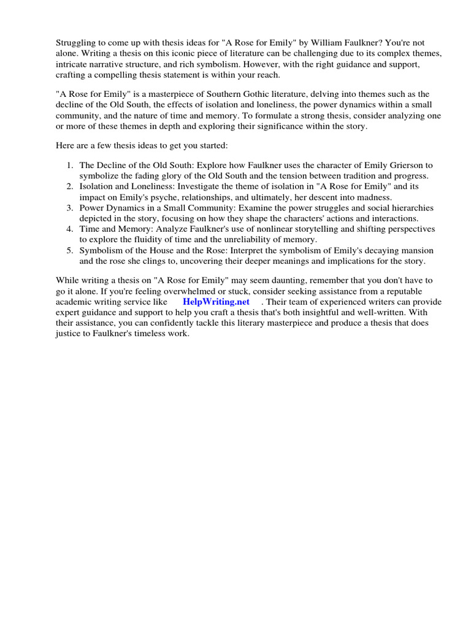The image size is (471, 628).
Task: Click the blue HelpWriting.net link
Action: pyautogui.click(x=216, y=302)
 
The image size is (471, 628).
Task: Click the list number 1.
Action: pyautogui.click(x=70, y=165)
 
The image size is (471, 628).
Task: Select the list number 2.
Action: pyautogui.click(x=70, y=186)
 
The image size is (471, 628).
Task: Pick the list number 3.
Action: pyautogui.click(x=70, y=208)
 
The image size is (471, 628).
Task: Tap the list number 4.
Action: pyautogui.click(x=70, y=229)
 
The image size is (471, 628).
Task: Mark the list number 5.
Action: pyautogui.click(x=70, y=250)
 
